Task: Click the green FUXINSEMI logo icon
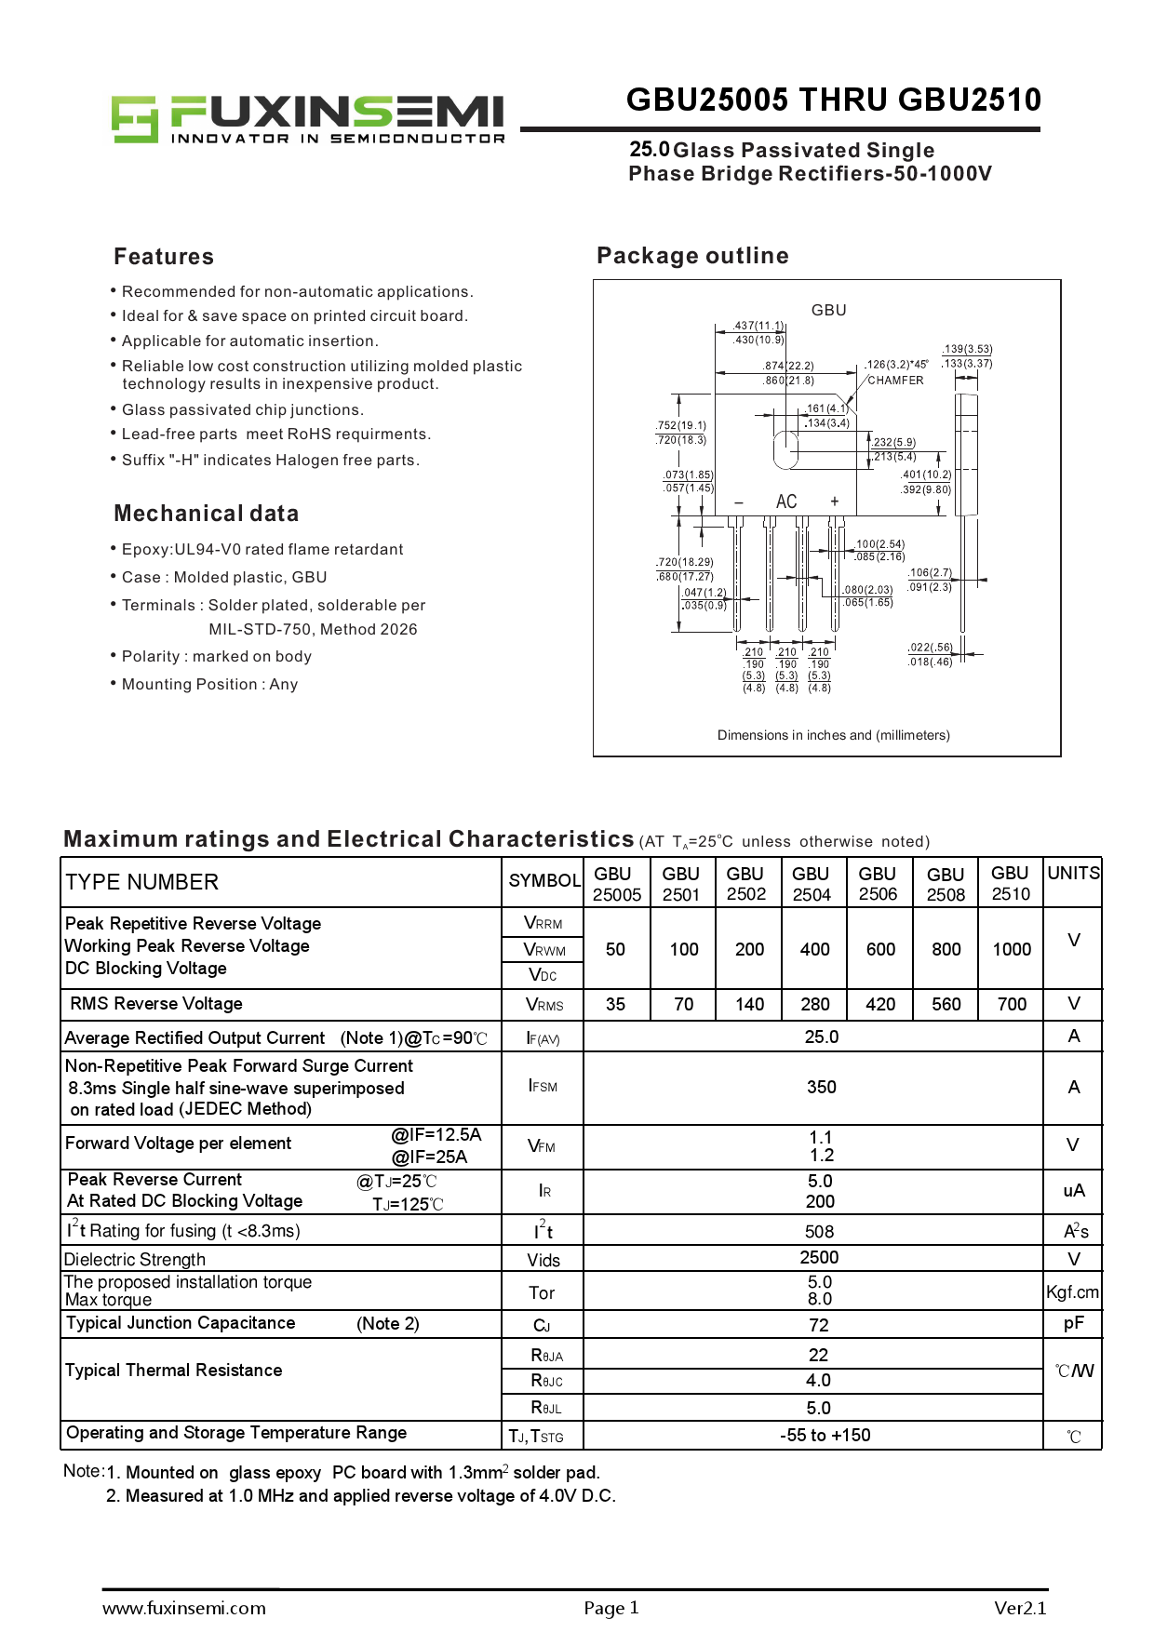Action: [135, 118]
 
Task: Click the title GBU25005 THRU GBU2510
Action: [833, 100]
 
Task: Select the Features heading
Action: [164, 257]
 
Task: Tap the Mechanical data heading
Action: [207, 514]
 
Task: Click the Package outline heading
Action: [692, 256]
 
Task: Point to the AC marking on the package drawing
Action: [786, 502]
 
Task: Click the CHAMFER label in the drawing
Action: [895, 381]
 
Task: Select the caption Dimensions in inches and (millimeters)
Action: [833, 735]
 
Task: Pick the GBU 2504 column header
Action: [812, 884]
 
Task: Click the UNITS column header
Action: [1073, 873]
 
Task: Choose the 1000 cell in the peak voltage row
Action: [1012, 949]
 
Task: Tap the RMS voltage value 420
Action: [880, 1004]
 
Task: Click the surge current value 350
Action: [821, 1087]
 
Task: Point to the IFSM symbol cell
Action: [543, 1086]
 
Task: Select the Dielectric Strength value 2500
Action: [819, 1258]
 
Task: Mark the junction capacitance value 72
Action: [819, 1325]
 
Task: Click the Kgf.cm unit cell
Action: [1072, 1291]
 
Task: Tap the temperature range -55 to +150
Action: [825, 1435]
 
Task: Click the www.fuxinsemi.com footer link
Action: [184, 1608]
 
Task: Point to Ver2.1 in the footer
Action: [1020, 1608]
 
